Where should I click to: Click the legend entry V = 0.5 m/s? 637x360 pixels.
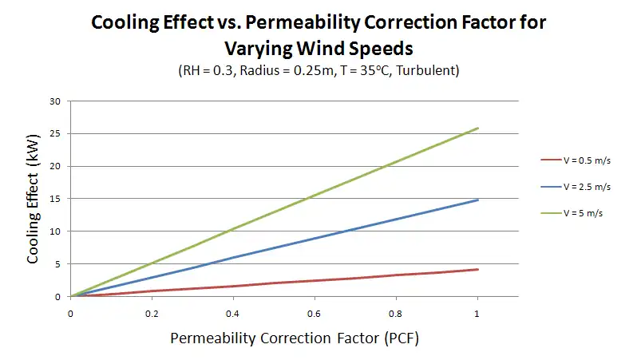[587, 159]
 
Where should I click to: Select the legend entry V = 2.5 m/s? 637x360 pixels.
[587, 187]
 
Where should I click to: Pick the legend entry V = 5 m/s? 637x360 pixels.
[584, 214]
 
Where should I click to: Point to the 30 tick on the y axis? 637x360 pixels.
[55, 101]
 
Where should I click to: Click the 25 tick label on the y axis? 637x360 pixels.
[55, 134]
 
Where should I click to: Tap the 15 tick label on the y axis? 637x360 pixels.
[55, 199]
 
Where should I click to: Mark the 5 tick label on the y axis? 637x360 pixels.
[57, 264]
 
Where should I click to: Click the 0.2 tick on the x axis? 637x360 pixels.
[152, 313]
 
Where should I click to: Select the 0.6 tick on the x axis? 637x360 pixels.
[315, 313]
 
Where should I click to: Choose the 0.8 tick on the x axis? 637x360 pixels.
[396, 313]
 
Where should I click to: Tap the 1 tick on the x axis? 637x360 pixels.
[477, 313]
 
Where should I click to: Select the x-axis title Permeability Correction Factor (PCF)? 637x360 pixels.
[294, 338]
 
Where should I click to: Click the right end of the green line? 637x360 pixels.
[477, 128]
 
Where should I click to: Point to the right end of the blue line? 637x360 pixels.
[477, 200]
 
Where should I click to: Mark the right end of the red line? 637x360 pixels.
[477, 269]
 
